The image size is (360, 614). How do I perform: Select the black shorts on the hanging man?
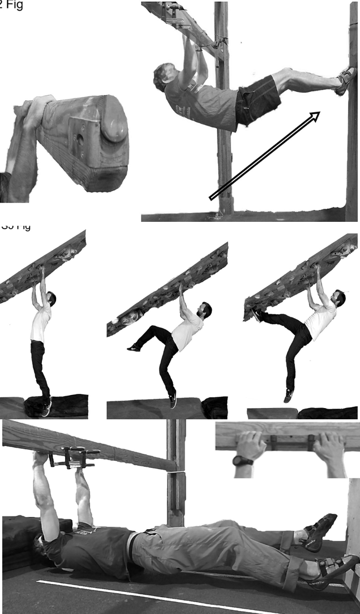258,101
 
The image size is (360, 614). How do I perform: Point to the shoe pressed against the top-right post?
345,80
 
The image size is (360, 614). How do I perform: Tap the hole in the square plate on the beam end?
80,136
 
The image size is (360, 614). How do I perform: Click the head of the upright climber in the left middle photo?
51,298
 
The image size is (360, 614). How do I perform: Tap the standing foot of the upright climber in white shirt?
46,406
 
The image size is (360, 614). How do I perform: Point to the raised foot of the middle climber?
134,347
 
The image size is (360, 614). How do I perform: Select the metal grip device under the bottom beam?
74,457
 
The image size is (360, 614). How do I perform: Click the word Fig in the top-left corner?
15,7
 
